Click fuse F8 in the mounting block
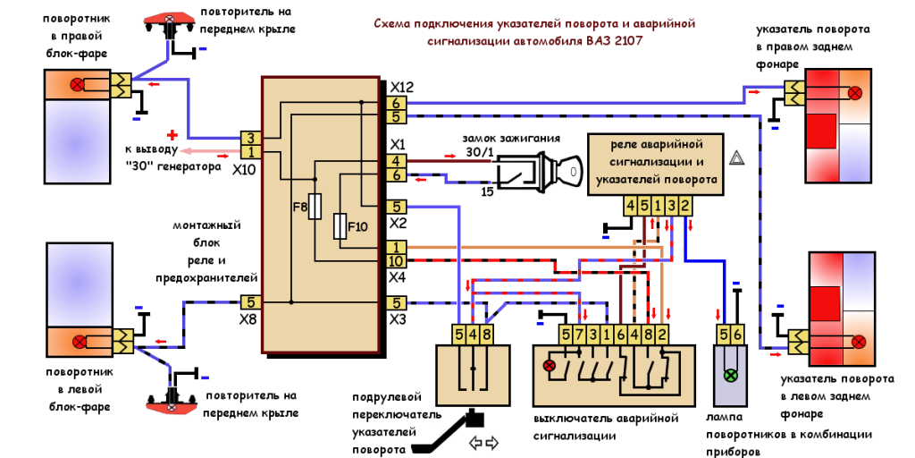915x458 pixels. pos(314,208)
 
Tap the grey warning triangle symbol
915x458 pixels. pos(738,158)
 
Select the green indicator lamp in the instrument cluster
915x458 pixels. pos(730,376)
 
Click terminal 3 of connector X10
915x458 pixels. pos(250,139)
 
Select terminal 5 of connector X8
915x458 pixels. pos(250,303)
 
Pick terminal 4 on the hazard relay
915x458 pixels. pos(631,207)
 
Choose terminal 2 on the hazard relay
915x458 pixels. pos(684,207)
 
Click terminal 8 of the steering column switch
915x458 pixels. pos(486,335)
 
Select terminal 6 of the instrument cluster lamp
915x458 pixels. pos(737,335)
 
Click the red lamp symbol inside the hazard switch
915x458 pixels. pos(550,365)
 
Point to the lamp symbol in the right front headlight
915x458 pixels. pos(78,85)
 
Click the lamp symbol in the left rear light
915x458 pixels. pos(859,341)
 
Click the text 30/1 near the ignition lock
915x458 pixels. pos(479,153)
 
